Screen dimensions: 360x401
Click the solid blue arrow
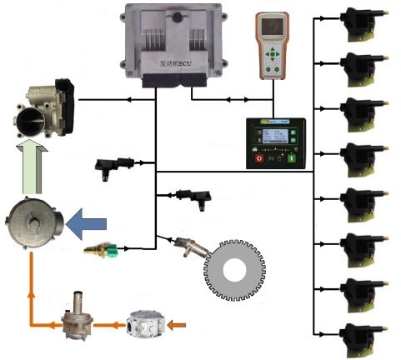[87, 223]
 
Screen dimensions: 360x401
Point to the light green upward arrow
[33, 167]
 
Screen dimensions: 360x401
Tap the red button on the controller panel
[259, 157]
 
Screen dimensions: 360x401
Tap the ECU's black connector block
[171, 80]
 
